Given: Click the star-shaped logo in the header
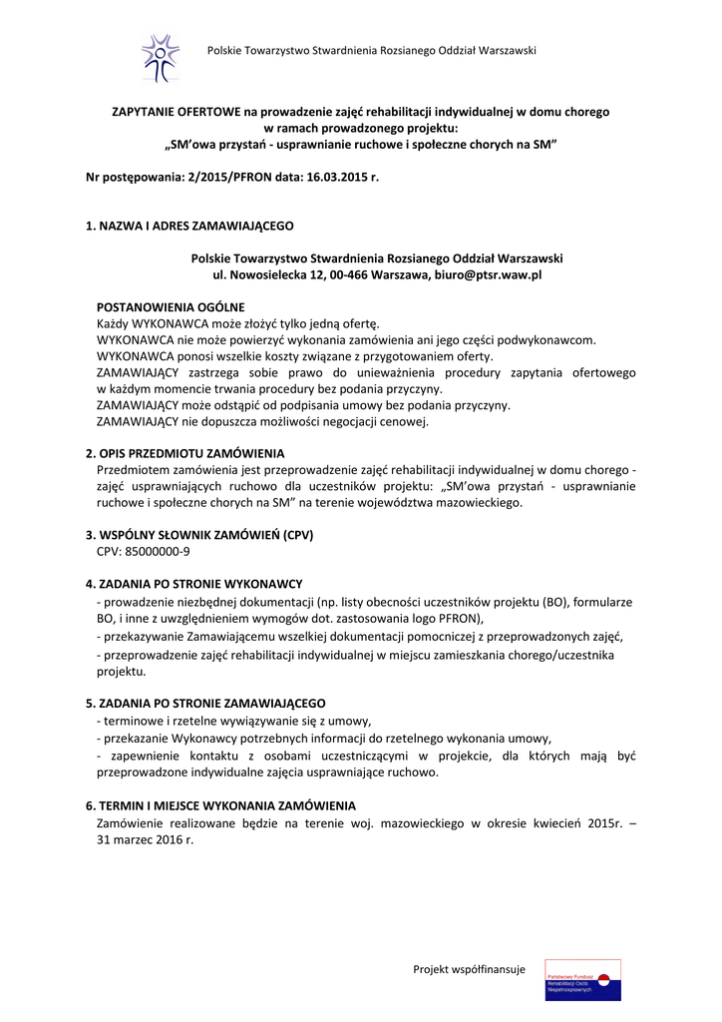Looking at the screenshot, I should pos(160,57).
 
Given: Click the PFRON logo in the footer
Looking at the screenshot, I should pos(582,978).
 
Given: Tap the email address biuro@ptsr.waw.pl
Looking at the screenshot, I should pos(488,273).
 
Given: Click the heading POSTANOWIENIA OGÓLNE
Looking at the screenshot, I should pos(171,306).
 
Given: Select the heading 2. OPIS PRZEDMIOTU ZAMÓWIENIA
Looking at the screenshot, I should pos(185,452).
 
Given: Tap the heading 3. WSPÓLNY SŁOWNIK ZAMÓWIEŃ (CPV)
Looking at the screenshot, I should pos(199,534).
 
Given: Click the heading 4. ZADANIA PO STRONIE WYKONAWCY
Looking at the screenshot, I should pos(194,583).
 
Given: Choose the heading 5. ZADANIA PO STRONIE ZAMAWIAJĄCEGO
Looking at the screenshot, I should pos(205,703).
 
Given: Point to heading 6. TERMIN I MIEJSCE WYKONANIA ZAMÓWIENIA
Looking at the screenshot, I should pos(220,805).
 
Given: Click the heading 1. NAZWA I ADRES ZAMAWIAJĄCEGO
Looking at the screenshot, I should pos(189,226).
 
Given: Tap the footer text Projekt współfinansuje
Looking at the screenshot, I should pos(469,969).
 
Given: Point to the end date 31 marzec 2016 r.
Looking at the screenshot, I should pos(145,839).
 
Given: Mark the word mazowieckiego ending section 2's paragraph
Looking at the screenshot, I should pos(475,502).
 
